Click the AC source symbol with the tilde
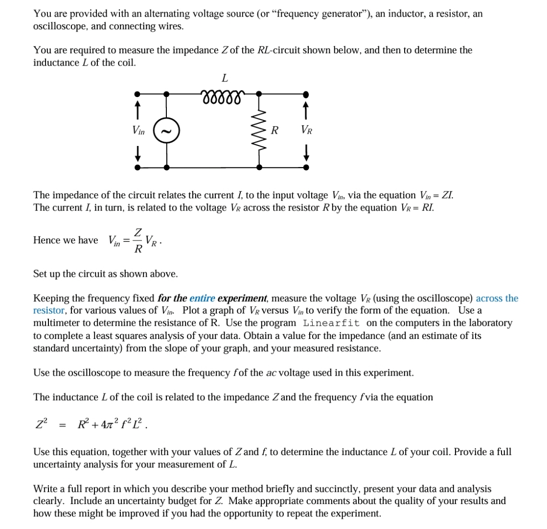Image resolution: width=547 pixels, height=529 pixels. pos(167,130)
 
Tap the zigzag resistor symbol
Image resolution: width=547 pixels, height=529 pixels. pos(259,130)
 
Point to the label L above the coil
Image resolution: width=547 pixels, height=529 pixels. pos(224,77)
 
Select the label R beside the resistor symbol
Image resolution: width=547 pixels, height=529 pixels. pos(275,130)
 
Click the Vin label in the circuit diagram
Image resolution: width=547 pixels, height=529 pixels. pos(138,130)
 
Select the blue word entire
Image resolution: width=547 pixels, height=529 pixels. pos(202,298)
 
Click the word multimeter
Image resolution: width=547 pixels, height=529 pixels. pos(56,323)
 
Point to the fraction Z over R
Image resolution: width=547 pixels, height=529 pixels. pos(138,240)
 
